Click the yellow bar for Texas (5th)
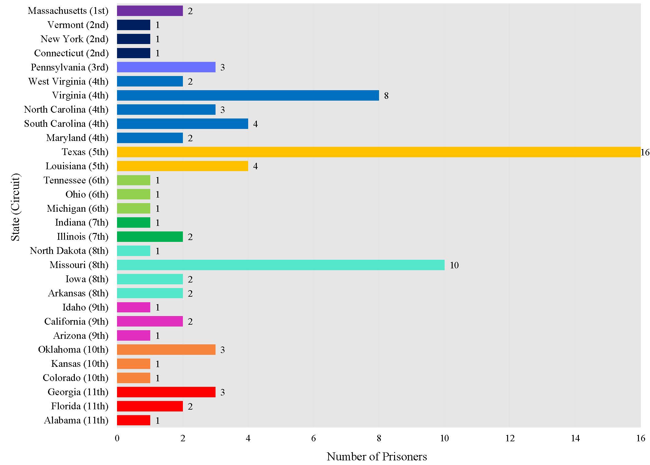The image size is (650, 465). pos(378,152)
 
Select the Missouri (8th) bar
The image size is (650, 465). pos(281,265)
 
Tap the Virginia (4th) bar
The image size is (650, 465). pos(248,95)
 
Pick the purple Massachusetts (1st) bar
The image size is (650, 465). pos(150,11)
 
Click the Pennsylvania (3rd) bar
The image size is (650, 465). pos(166,67)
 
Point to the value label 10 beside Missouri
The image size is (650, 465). pos(454,265)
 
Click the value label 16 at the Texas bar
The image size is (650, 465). pos(645,152)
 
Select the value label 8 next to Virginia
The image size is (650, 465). pos(386,96)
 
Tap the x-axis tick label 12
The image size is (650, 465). pos(510,438)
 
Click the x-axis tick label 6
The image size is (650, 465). pos(313,438)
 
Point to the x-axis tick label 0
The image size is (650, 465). pos(117,438)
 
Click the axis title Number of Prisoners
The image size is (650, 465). pos(377,456)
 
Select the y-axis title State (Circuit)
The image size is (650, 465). pos(15,207)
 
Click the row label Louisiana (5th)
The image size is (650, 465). pos(77,166)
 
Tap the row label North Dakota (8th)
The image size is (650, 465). pos(69,251)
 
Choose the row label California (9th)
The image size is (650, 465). pos(76,322)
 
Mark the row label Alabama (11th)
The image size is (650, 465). pos(76,420)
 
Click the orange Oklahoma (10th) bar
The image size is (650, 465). pos(166,350)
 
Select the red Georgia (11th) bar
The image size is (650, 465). pos(166,392)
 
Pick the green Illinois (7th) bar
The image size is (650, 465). pos(150,237)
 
